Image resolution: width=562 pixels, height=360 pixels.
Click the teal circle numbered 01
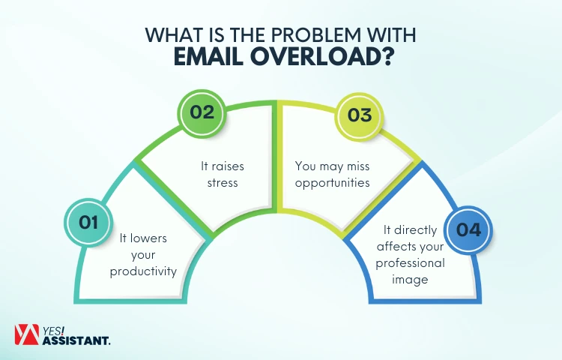pyautogui.click(x=89, y=222)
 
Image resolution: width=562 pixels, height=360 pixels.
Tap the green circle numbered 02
pyautogui.click(x=202, y=113)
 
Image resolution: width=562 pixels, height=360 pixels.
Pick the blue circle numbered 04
pyautogui.click(x=468, y=229)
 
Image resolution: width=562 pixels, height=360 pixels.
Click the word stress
pyautogui.click(x=223, y=182)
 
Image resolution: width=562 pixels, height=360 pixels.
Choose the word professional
pyautogui.click(x=410, y=262)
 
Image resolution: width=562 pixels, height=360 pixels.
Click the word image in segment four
pyautogui.click(x=410, y=279)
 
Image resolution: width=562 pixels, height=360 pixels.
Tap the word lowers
pyautogui.click(x=154, y=238)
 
